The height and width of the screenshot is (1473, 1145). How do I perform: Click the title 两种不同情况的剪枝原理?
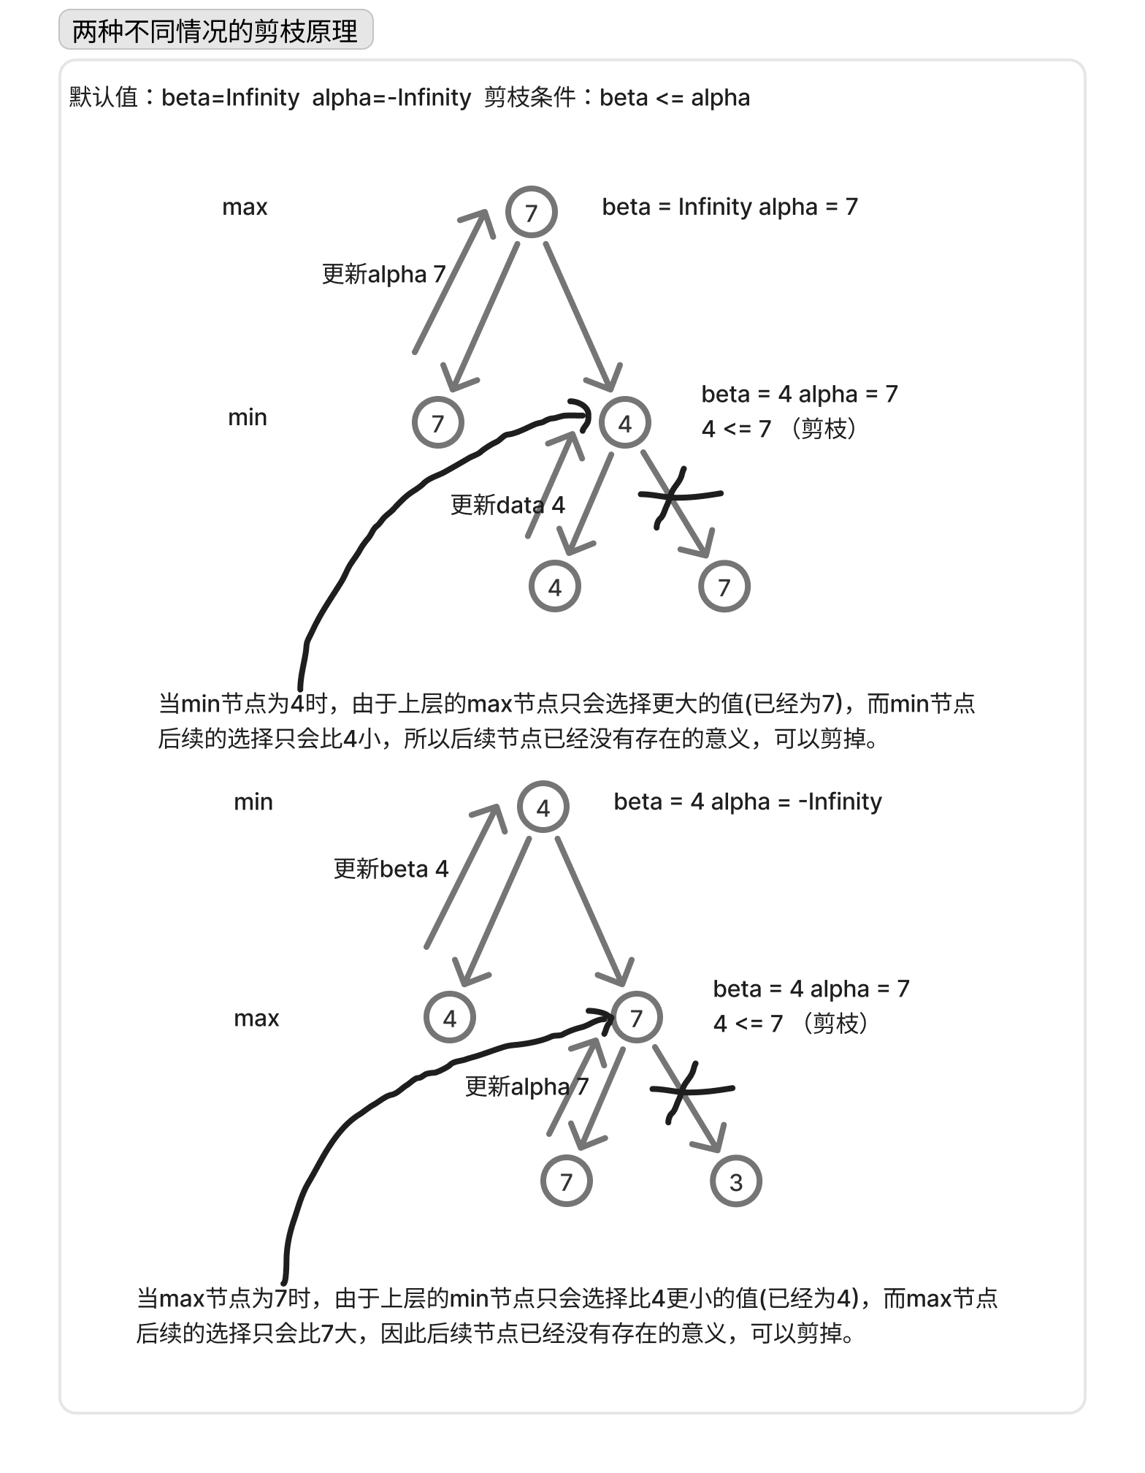pyautogui.click(x=215, y=31)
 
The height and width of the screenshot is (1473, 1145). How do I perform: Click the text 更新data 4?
pyautogui.click(x=508, y=505)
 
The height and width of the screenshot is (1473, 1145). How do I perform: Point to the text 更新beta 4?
pyautogui.click(x=391, y=869)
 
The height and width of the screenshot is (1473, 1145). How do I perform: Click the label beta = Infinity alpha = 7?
pyautogui.click(x=730, y=207)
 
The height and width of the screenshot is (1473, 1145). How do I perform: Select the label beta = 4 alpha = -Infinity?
pyautogui.click(x=748, y=802)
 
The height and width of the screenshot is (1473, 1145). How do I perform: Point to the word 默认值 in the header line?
pyautogui.click(x=104, y=97)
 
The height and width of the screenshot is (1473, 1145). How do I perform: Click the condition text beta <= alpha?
pyautogui.click(x=675, y=97)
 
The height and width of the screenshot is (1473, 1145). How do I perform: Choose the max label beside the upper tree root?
pyautogui.click(x=245, y=207)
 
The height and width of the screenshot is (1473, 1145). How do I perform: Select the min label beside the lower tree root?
pyautogui.click(x=253, y=802)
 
